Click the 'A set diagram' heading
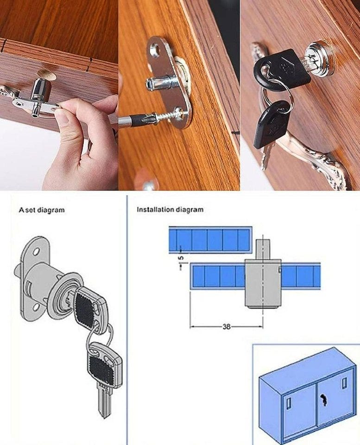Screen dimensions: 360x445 point(42,210)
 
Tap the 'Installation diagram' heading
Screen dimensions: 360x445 point(170,210)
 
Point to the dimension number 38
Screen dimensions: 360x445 point(226,327)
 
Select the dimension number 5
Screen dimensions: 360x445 point(182,258)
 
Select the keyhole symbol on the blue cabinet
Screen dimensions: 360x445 point(323,399)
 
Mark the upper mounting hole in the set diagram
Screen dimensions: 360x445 point(37,251)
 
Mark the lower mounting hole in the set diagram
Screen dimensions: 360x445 point(36,307)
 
